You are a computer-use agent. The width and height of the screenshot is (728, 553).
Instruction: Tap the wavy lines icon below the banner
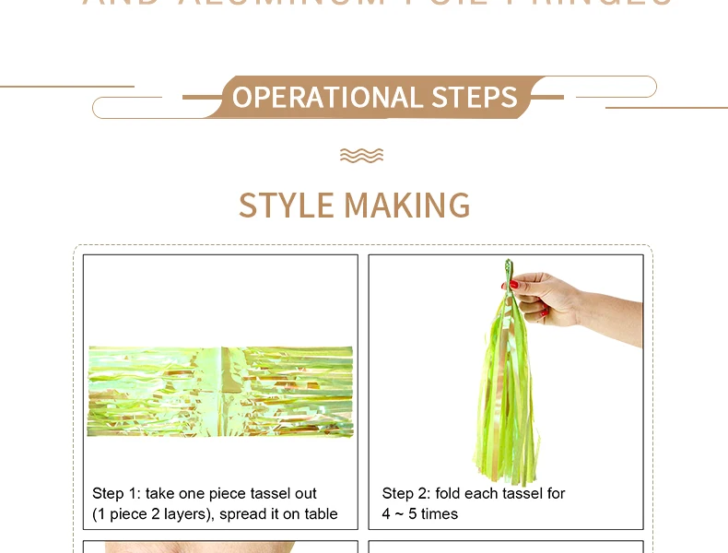pos(361,155)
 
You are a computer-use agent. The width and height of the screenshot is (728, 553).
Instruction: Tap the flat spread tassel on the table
pos(219,391)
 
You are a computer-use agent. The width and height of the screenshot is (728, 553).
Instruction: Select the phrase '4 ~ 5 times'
pos(419,514)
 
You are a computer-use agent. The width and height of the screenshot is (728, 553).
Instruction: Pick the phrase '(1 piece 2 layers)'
pos(152,514)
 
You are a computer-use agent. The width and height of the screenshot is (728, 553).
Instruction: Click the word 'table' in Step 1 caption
pos(320,514)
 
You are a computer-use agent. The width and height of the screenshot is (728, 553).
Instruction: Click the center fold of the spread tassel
pos(221,391)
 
